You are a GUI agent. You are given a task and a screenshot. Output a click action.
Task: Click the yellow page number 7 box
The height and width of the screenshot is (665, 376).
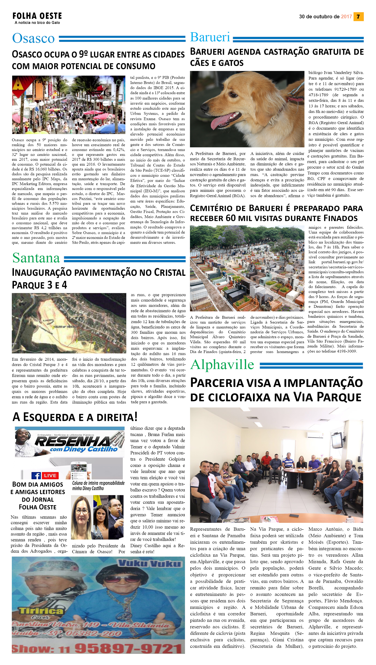358,16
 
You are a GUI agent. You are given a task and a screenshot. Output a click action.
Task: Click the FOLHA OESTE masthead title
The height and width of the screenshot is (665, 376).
37,16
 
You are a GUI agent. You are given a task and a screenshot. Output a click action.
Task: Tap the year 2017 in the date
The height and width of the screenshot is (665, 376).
346,16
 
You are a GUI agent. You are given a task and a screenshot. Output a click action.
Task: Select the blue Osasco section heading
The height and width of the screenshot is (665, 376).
33,38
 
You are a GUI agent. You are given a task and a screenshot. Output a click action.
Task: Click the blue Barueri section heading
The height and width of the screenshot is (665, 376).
210,37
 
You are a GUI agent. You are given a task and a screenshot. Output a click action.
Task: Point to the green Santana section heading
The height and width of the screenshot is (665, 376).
36,258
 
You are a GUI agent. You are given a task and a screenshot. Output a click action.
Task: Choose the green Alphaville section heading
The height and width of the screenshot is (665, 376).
222,364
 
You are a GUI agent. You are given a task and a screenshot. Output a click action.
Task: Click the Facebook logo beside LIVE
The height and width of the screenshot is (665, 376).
36,475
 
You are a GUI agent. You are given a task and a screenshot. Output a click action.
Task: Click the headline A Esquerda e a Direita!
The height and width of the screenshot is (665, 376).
75,417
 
